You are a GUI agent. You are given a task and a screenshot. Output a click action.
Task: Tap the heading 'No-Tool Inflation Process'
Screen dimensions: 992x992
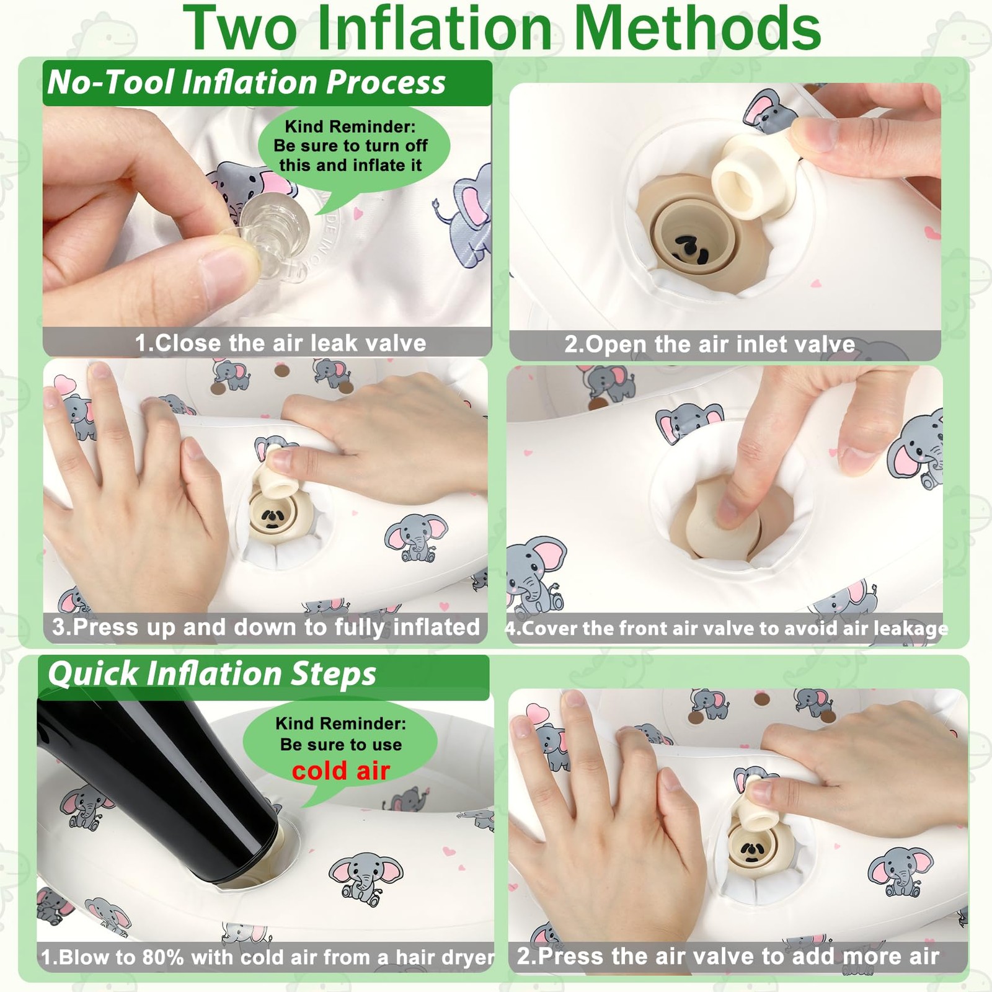[246, 82]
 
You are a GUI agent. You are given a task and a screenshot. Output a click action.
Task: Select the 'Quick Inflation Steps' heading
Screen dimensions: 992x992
[212, 674]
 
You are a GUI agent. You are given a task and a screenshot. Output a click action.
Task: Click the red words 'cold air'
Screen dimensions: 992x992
[341, 771]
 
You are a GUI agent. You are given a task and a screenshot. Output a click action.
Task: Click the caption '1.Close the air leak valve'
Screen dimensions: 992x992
[281, 343]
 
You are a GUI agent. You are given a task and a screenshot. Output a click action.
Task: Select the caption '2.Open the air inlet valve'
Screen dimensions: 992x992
[710, 344]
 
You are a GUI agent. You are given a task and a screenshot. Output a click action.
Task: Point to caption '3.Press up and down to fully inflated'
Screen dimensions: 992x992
[266, 627]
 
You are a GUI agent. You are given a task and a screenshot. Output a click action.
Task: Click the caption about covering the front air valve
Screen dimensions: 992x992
[727, 629]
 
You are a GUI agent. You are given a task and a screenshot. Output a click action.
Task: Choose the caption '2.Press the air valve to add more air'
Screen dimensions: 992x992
[728, 956]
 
